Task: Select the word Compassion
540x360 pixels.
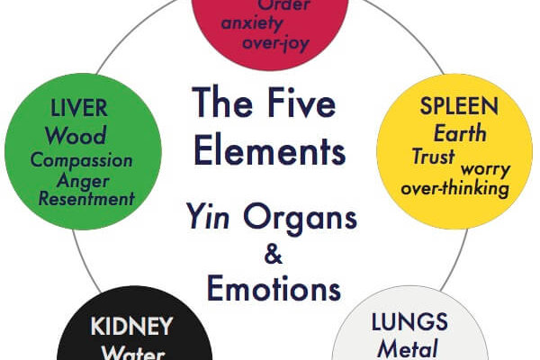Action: [x=82, y=161]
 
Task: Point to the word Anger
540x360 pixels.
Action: [x=82, y=180]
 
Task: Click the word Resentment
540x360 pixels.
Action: [x=86, y=198]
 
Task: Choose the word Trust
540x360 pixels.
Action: [x=433, y=155]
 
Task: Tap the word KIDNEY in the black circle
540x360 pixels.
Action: [x=131, y=325]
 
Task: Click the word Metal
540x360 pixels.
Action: [x=408, y=348]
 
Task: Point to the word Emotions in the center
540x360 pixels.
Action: [x=274, y=289]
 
